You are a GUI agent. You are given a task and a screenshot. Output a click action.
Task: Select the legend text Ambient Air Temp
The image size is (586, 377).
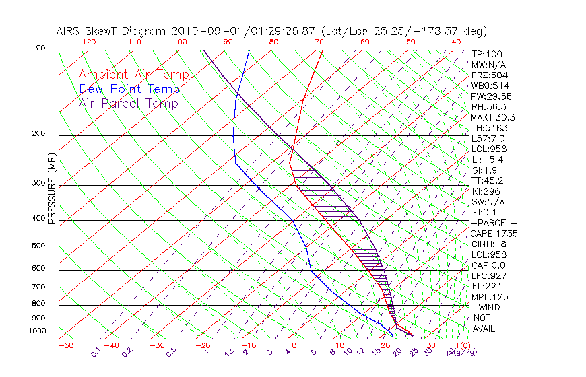click(133, 75)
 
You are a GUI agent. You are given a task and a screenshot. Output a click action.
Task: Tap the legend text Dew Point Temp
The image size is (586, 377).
click(129, 89)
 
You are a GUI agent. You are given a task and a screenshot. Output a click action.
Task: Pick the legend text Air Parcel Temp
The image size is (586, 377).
click(128, 103)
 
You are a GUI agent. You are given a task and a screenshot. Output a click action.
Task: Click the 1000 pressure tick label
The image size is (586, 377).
click(38, 331)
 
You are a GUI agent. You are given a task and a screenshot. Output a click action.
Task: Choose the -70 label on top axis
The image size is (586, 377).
click(316, 42)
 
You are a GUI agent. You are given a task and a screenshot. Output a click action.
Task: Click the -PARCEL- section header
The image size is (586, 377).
click(494, 223)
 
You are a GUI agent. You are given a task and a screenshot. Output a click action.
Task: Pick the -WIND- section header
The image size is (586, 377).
click(490, 307)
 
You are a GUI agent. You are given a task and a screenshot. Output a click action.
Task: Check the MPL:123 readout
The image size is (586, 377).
click(490, 297)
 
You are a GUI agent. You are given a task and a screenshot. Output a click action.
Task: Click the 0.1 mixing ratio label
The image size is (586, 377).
click(96, 351)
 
